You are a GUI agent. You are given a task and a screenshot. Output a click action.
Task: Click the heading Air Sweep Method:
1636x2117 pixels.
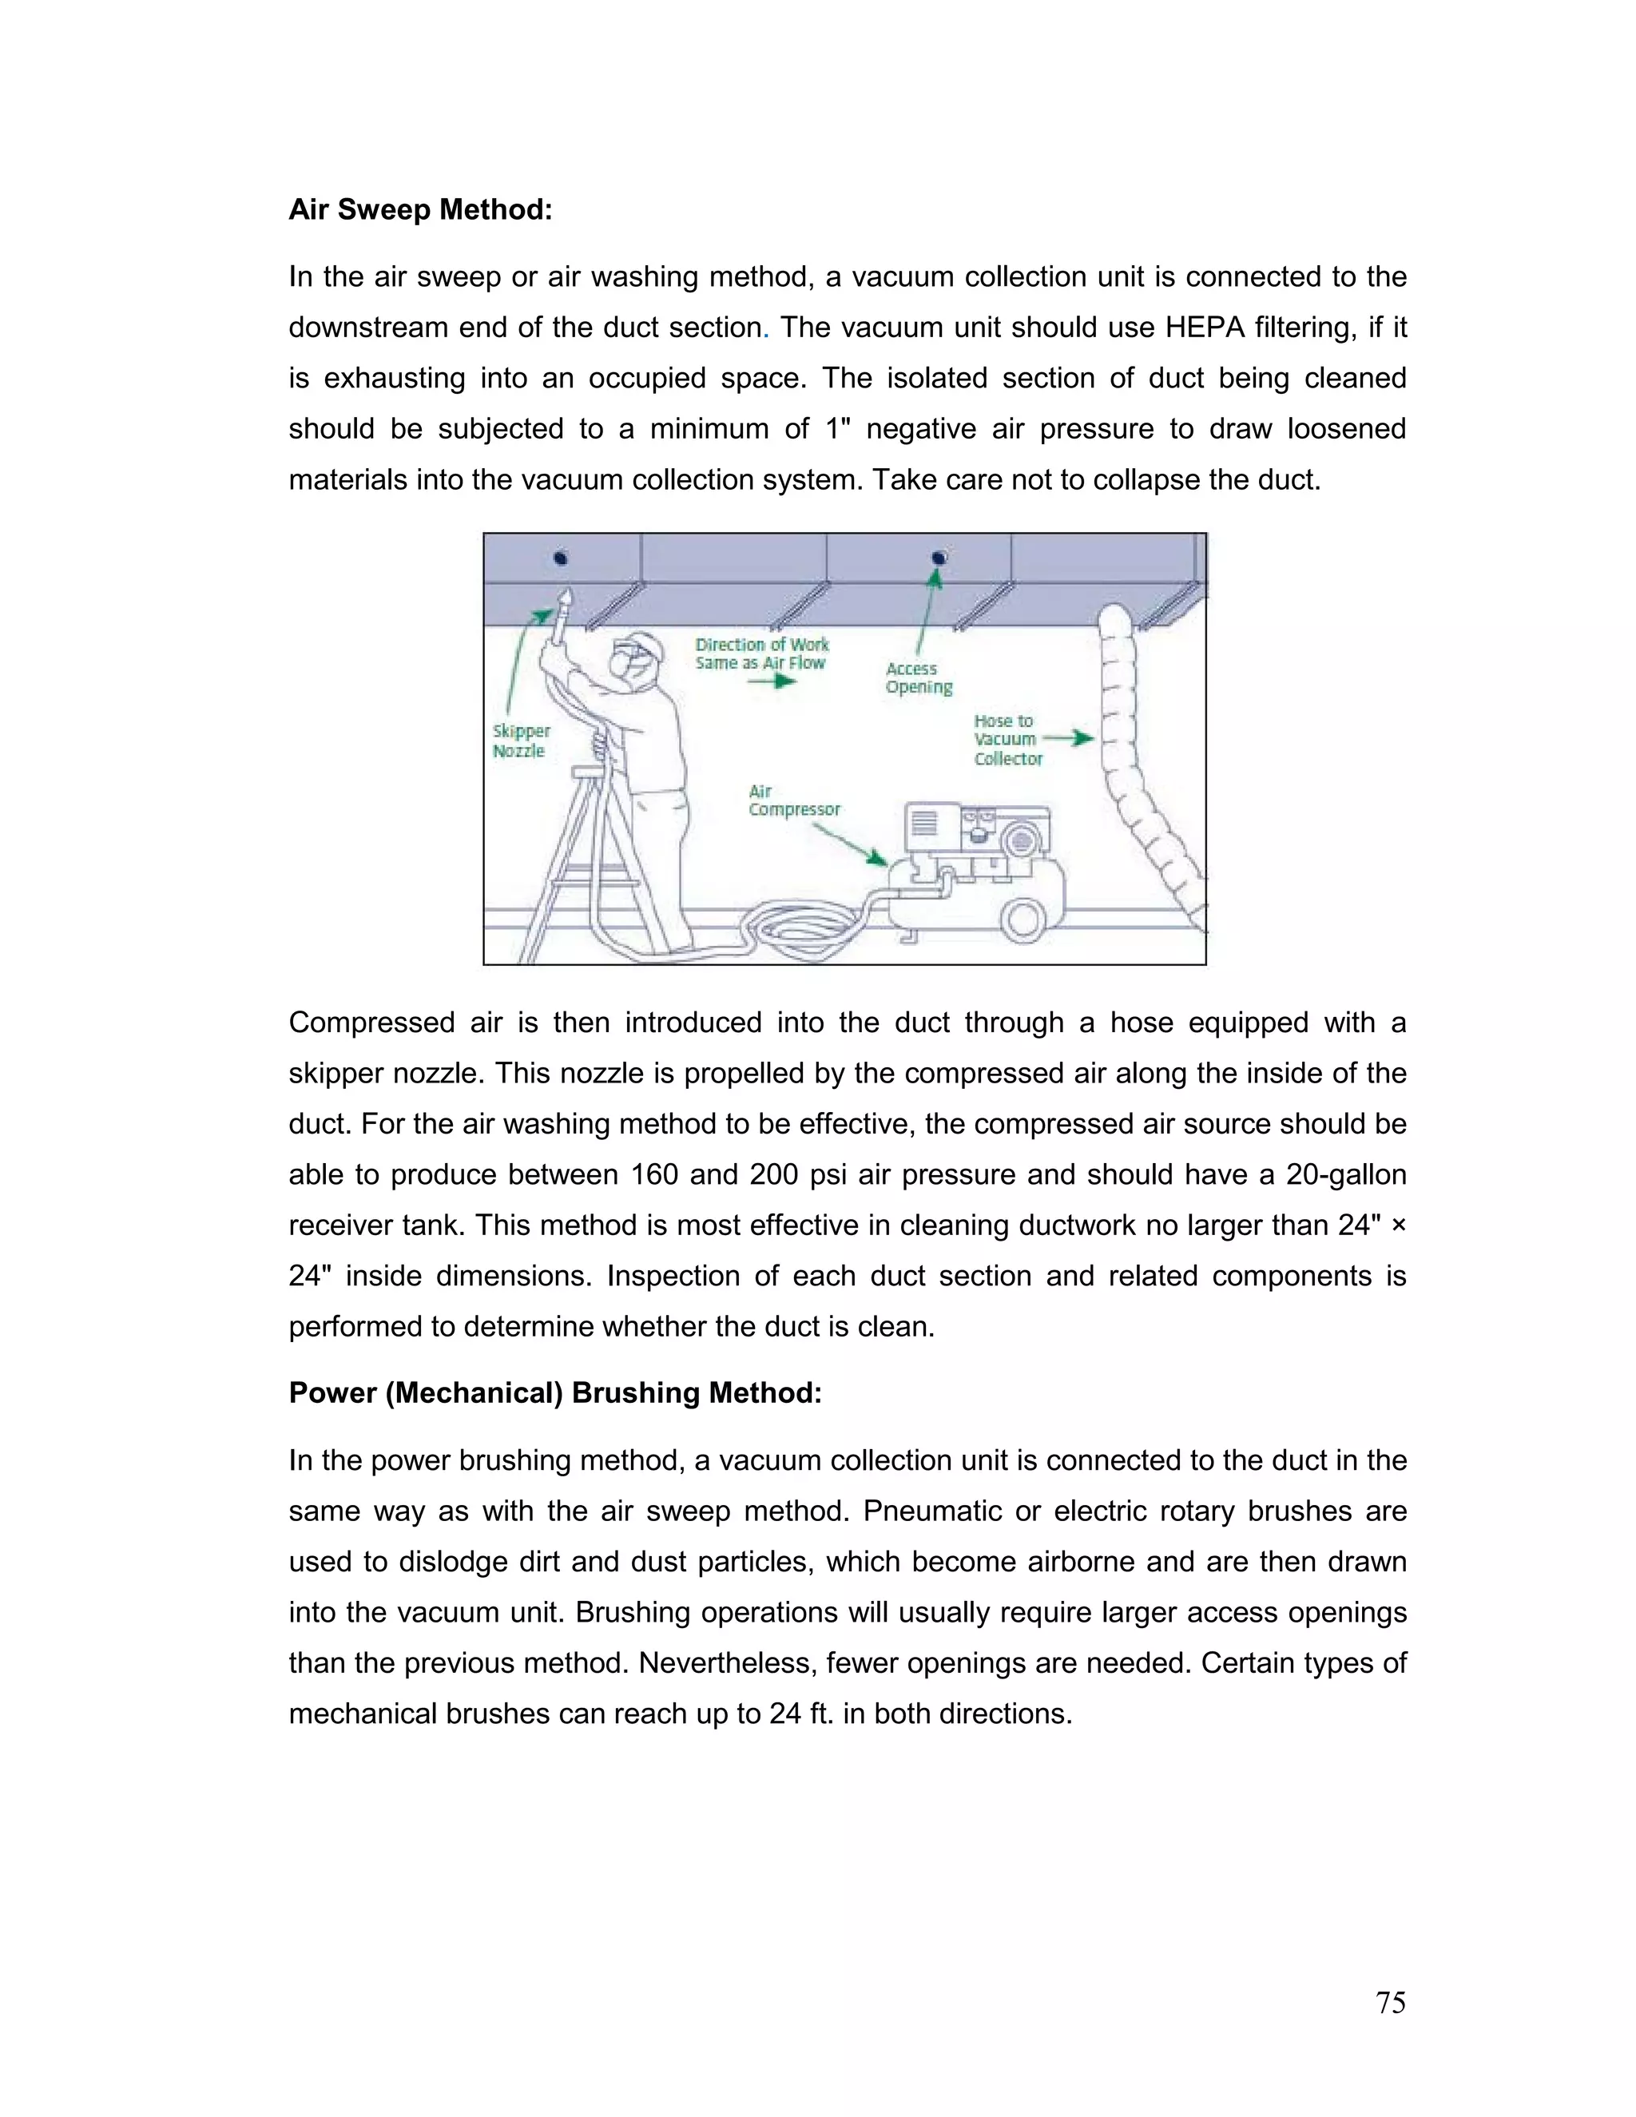[419, 209]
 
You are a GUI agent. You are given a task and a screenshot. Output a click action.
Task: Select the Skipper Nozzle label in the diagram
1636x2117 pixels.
[521, 741]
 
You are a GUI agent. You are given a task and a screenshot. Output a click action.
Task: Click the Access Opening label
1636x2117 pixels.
[918, 677]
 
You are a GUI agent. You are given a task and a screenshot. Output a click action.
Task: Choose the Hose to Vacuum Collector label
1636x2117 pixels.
[1007, 740]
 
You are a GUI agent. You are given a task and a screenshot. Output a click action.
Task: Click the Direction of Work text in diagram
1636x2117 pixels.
[762, 645]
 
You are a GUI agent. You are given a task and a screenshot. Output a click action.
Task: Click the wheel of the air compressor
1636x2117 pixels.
[1022, 917]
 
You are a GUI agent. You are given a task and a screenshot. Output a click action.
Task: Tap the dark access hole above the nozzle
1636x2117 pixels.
[560, 558]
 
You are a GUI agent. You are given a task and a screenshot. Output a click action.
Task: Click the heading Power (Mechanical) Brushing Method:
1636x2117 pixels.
[554, 1393]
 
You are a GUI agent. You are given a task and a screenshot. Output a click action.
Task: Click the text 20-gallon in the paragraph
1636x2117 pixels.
[1345, 1175]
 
